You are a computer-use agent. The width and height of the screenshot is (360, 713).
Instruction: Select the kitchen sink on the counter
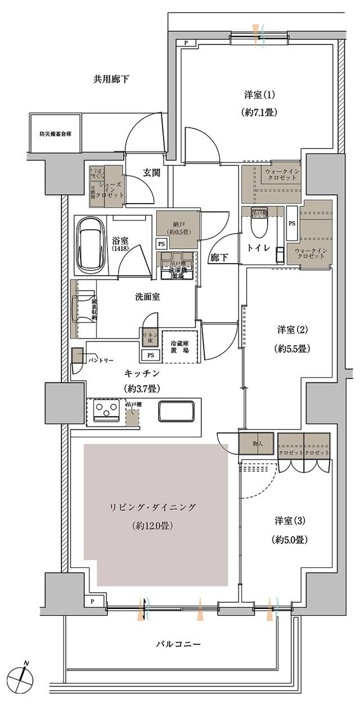176,411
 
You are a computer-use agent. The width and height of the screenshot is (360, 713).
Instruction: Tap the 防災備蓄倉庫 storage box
55,134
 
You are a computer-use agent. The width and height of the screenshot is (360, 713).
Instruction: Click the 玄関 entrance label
151,173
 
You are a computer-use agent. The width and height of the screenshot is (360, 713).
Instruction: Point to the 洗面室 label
147,296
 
